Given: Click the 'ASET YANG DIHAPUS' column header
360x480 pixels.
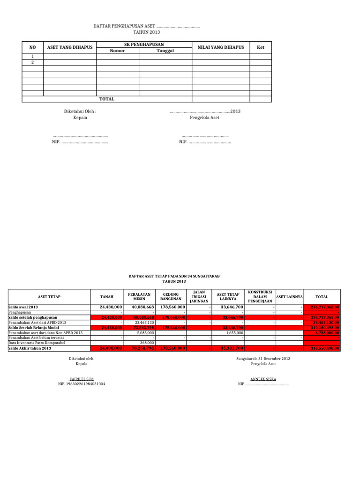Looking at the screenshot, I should coord(69,47).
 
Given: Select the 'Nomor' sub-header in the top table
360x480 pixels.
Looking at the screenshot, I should coord(117,51).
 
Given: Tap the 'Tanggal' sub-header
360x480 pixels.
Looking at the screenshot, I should coord(165,51).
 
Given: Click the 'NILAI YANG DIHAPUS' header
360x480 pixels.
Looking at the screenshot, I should coord(221,47).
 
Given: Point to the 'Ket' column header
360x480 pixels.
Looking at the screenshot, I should coord(261,47).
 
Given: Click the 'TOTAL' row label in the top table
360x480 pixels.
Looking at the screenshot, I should coord(107,99).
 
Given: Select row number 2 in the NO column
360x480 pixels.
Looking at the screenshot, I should coord(32,62).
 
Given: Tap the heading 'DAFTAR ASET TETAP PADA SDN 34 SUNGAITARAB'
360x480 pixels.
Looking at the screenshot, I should coord(174,277).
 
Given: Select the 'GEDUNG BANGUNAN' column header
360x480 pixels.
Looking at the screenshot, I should coord(171,297).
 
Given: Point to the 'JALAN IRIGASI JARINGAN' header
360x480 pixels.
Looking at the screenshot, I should coord(199,297).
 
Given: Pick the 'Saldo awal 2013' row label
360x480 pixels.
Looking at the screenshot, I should coord(23,307).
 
